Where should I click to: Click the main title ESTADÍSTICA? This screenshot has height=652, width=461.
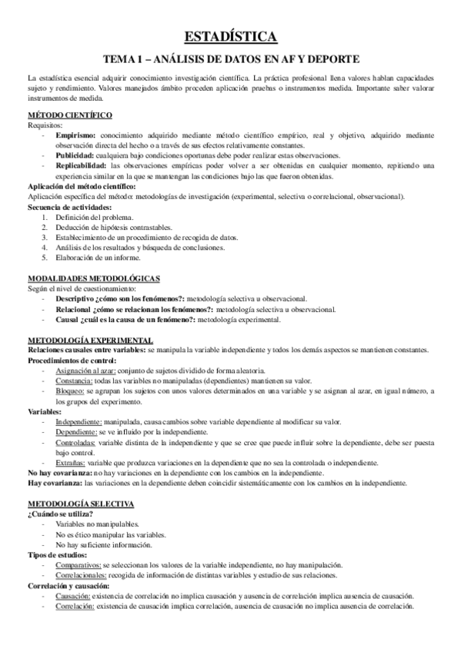pos(231,35)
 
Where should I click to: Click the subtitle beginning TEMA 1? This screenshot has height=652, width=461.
pos(231,58)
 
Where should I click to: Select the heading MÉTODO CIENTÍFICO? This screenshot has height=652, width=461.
pos(69,115)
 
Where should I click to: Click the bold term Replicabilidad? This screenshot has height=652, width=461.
pos(82,164)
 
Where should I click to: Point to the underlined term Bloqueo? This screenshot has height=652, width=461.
pos(71,391)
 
